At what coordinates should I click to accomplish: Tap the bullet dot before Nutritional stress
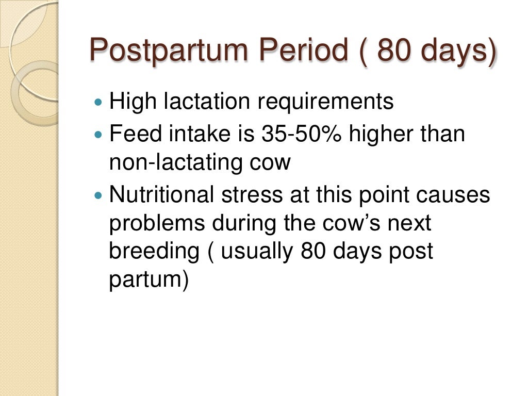point(100,196)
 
